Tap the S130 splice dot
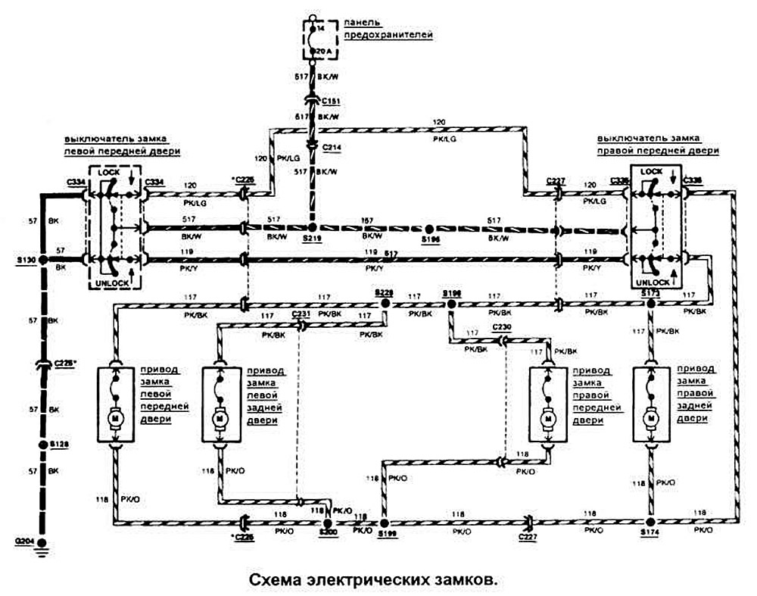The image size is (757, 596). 43,260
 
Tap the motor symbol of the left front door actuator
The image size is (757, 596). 117,416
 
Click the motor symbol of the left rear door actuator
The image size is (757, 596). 220,416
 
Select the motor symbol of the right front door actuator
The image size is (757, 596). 547,417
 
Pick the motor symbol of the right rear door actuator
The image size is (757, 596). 650,416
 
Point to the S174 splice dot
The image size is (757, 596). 650,523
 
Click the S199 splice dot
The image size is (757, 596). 383,523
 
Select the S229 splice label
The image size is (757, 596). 385,292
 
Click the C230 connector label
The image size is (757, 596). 502,327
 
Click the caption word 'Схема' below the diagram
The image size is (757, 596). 276,579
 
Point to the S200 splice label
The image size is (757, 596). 327,533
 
